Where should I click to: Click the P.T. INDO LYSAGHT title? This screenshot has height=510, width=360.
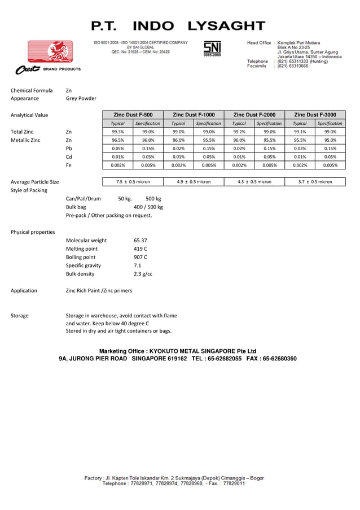(x=178, y=26)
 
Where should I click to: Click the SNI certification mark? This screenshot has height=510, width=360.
(x=213, y=49)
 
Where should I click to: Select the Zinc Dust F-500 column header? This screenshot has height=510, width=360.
(x=133, y=115)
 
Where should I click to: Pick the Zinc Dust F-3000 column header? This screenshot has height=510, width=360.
(x=315, y=115)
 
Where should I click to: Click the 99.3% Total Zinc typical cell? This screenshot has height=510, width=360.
(x=118, y=132)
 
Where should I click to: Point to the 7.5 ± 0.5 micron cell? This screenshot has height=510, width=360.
(x=133, y=182)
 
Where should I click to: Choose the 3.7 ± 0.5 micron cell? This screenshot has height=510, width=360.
(x=315, y=182)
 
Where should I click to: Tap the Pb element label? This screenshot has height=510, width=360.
(x=69, y=149)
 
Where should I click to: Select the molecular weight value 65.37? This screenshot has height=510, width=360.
(x=141, y=240)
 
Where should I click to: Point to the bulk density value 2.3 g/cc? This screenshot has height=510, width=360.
(x=143, y=274)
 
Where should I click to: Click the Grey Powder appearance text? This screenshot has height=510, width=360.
(x=81, y=98)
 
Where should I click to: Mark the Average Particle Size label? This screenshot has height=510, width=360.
(x=35, y=182)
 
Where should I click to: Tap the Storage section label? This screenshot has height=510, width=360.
(x=20, y=316)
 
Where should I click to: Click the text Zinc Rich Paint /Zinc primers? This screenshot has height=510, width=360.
(x=99, y=290)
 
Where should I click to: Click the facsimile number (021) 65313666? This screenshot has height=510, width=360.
(x=292, y=66)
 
